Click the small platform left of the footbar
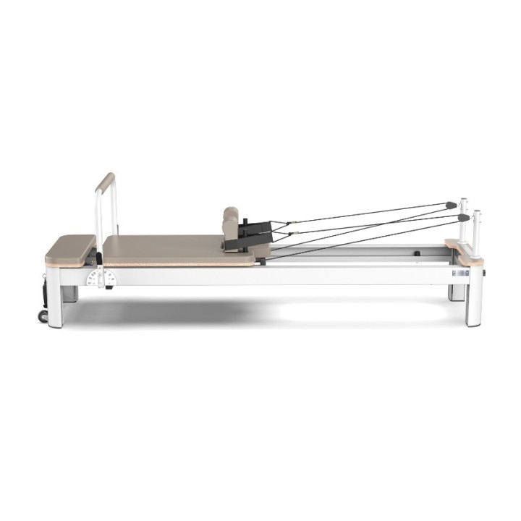[69, 249]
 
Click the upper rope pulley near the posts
[451, 205]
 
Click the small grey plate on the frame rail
[459, 274]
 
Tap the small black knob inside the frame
[417, 254]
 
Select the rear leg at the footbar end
[71, 292]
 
